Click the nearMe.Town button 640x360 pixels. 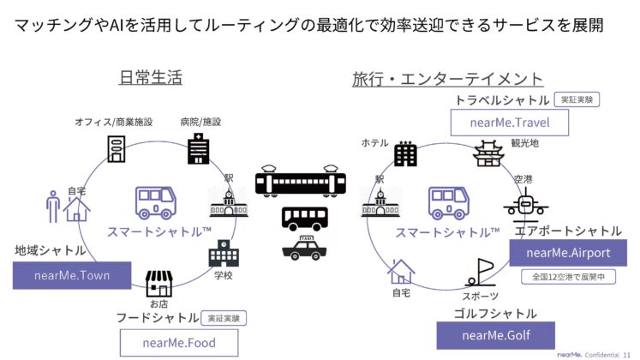(73, 275)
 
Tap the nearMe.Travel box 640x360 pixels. (511, 123)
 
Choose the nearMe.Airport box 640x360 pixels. (569, 253)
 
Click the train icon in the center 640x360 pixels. (302, 183)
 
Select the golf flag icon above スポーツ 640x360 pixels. (480, 272)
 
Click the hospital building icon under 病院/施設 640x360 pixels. (199, 147)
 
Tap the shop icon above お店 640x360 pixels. (159, 283)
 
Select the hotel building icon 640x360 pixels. (405, 153)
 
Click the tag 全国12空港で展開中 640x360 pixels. (568, 278)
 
